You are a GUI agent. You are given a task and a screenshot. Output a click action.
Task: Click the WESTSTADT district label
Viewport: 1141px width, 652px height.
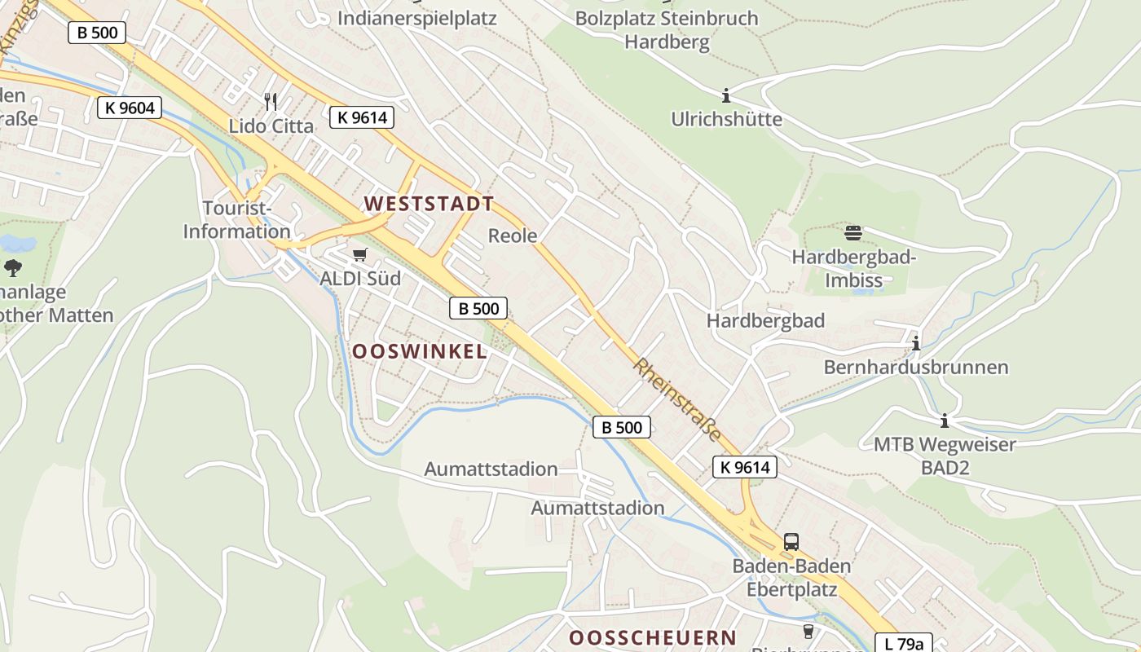(x=429, y=204)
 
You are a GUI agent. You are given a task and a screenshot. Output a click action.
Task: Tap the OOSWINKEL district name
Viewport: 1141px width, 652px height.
(x=419, y=351)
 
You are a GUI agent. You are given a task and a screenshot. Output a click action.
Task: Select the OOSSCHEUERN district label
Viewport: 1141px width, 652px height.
(x=652, y=637)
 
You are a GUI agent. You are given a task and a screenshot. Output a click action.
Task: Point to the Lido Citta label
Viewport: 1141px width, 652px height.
(x=271, y=126)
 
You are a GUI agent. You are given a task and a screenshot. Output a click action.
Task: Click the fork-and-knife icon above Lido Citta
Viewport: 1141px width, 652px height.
(x=271, y=101)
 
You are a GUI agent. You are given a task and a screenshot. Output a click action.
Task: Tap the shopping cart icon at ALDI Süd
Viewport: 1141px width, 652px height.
(x=359, y=255)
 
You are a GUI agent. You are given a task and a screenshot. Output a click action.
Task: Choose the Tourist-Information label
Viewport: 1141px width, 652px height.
(x=236, y=220)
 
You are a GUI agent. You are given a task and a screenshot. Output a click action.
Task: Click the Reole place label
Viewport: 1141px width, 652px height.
(x=513, y=236)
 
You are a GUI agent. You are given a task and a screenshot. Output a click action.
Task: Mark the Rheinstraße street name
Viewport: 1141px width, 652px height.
(x=676, y=399)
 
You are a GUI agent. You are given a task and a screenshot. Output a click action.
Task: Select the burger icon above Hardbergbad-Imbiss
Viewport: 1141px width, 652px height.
(x=853, y=233)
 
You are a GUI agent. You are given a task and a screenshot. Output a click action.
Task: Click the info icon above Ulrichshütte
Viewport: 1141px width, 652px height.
(x=726, y=95)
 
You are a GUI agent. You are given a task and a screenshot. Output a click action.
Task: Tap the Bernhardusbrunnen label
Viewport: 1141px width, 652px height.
(x=916, y=367)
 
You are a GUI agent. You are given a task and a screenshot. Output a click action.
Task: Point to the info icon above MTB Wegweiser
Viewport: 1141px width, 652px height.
(x=945, y=421)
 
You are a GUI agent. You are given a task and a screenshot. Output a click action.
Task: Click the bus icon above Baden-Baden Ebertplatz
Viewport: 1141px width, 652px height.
(x=791, y=541)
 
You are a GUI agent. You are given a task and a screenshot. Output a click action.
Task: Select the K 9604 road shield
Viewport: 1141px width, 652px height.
(x=130, y=107)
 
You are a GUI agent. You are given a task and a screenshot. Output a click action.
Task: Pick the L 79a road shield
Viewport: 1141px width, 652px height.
(x=904, y=644)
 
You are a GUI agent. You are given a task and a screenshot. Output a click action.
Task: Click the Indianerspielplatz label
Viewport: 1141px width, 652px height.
(x=416, y=17)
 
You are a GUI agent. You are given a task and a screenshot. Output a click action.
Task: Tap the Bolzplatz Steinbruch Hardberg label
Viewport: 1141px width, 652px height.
(x=667, y=29)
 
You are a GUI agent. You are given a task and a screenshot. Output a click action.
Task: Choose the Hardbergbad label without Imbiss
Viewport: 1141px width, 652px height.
(x=765, y=320)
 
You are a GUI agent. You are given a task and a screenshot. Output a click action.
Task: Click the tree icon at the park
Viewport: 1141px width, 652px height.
(x=13, y=267)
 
